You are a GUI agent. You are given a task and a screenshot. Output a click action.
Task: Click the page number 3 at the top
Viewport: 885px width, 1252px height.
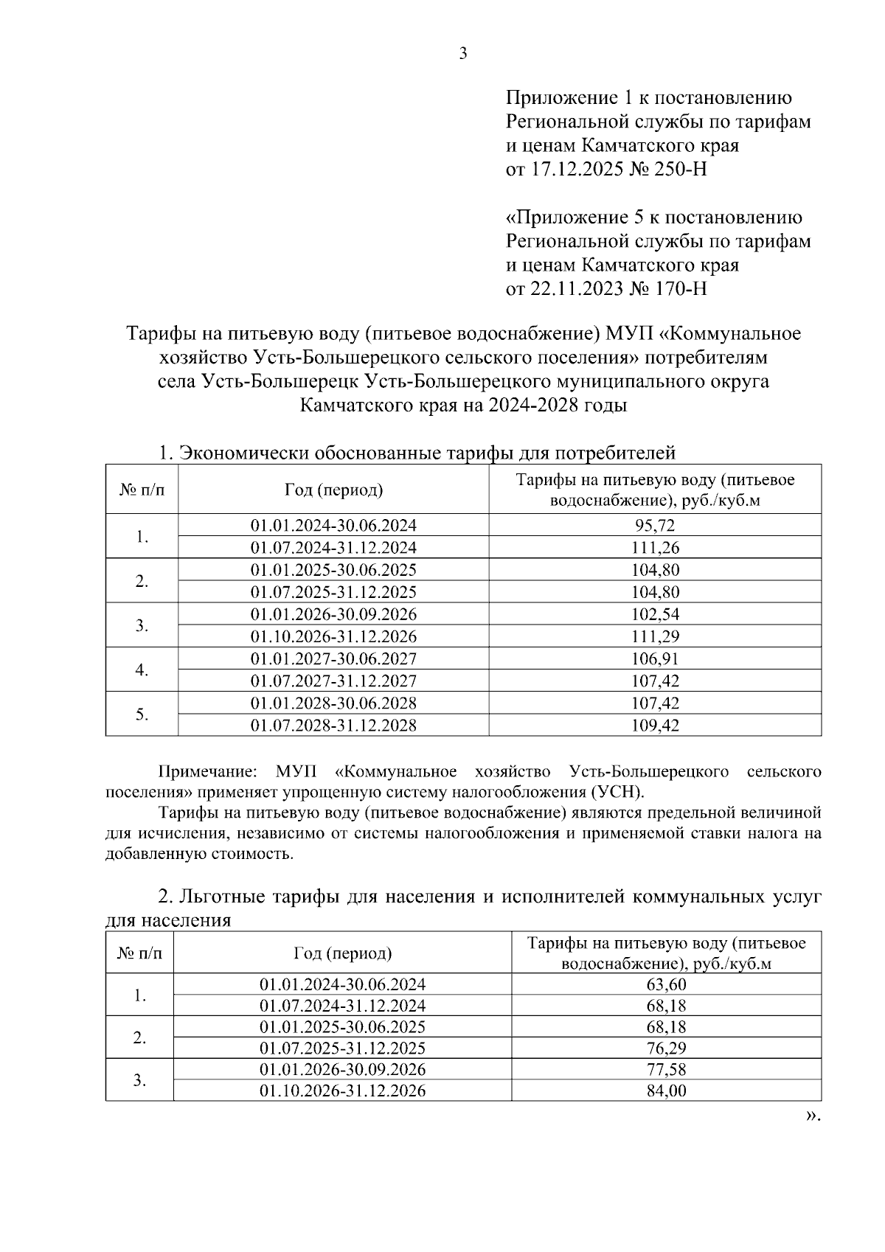(463, 54)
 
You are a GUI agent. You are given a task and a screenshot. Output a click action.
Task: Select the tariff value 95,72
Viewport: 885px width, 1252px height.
(655, 526)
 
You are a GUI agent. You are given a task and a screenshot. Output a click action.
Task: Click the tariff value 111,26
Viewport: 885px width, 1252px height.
(655, 548)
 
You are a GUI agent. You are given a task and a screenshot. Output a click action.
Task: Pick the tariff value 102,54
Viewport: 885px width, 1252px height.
(655, 614)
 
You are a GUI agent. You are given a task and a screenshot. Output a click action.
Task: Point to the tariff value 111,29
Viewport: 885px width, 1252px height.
(655, 636)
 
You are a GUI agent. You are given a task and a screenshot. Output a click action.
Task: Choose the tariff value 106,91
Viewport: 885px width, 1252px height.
(655, 658)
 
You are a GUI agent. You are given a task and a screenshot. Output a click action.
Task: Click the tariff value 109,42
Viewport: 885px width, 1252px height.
(655, 726)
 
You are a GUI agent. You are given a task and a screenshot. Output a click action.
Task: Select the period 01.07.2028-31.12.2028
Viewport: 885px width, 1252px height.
(333, 726)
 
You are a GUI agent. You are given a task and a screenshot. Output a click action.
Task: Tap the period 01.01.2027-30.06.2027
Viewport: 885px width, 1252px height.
(333, 658)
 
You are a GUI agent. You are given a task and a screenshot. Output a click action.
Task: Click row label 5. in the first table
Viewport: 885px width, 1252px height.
(142, 714)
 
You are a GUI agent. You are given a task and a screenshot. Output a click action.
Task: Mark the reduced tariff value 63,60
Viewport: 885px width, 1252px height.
(666, 985)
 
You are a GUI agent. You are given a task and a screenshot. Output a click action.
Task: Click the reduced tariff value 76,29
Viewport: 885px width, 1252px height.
(666, 1048)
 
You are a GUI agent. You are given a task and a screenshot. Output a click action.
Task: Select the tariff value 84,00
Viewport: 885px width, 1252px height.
(666, 1091)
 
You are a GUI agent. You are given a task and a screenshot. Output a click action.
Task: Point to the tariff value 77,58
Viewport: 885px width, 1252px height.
(666, 1069)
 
